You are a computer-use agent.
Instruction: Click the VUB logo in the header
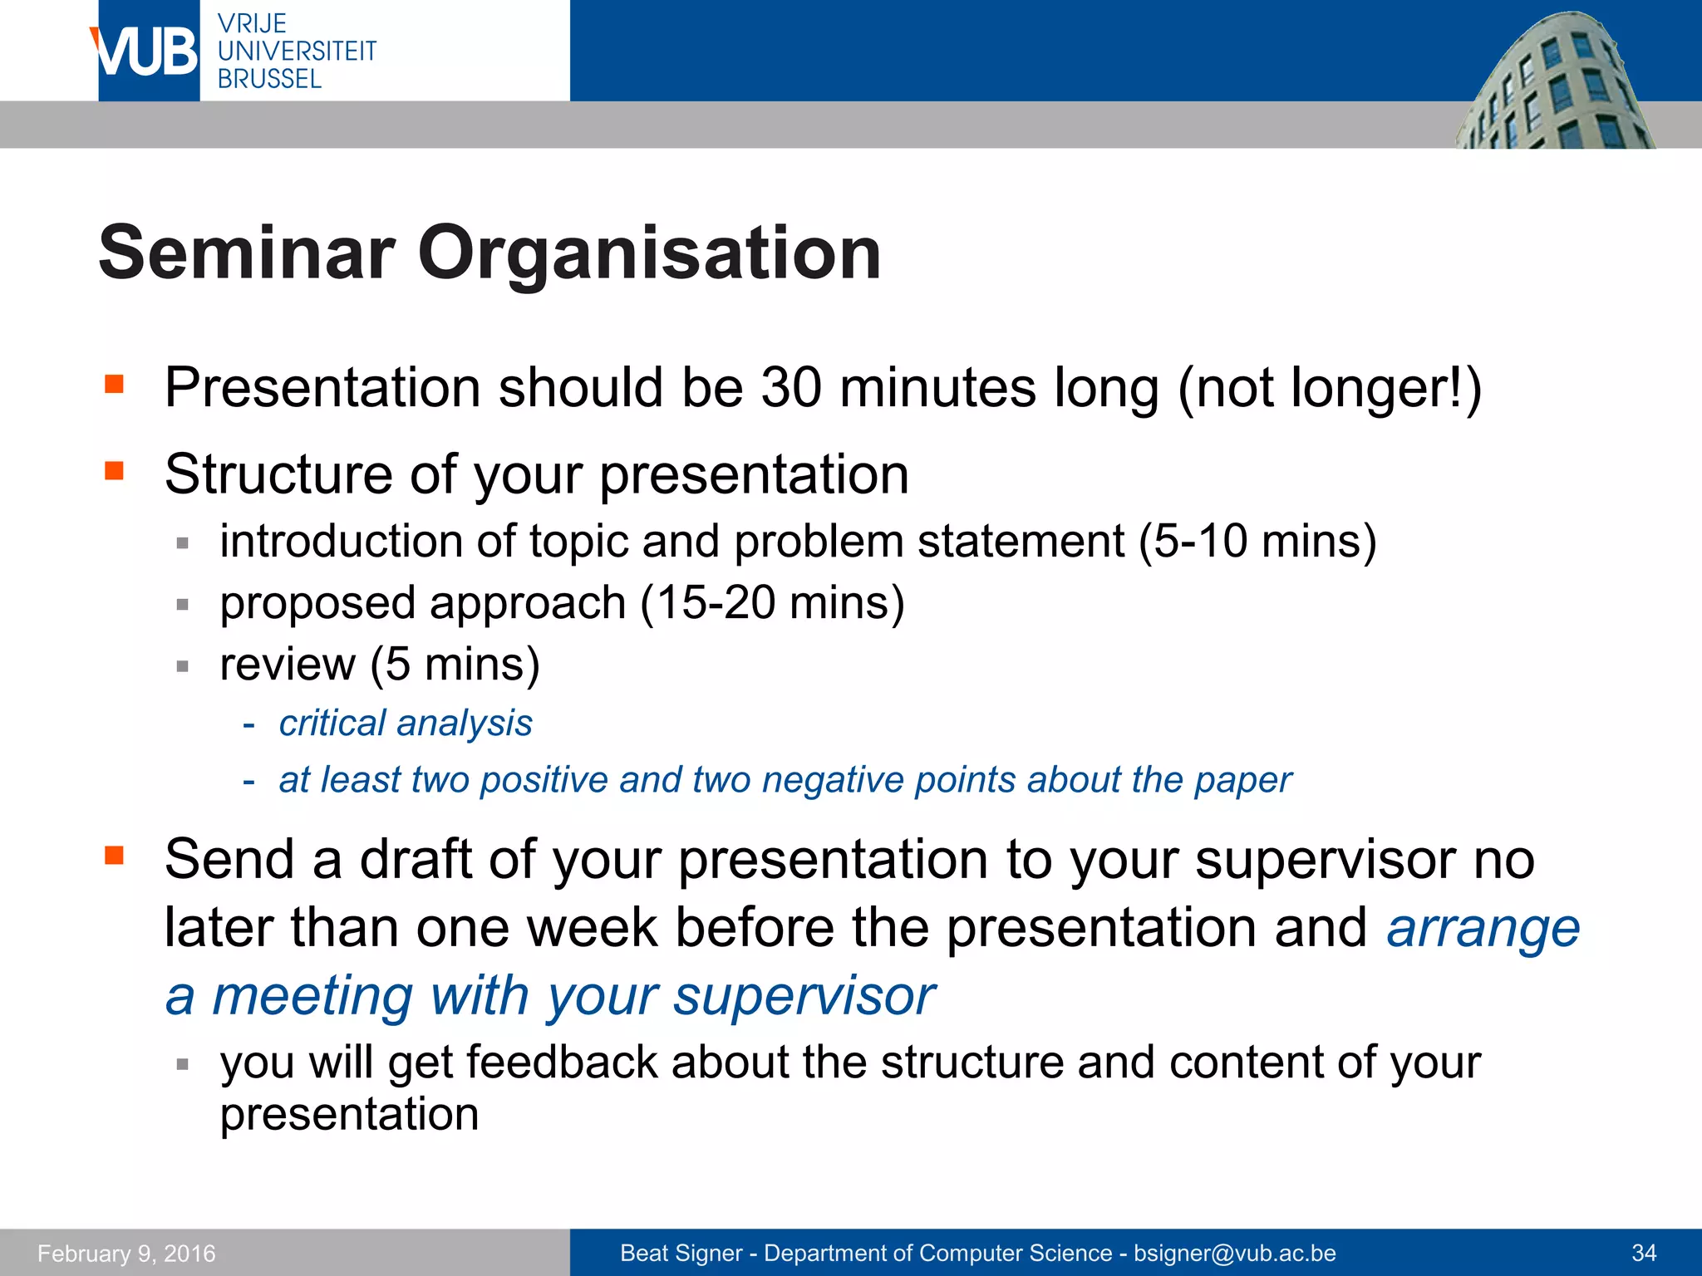pyautogui.click(x=146, y=52)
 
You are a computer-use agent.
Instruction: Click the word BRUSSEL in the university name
pyautogui.click(x=269, y=80)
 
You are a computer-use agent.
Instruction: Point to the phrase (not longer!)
pyautogui.click(x=1329, y=389)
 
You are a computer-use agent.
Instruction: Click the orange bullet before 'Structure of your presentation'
pyautogui.click(x=114, y=471)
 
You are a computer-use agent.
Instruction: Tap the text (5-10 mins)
pyautogui.click(x=1257, y=542)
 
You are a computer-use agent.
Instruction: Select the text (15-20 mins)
pyautogui.click(x=772, y=603)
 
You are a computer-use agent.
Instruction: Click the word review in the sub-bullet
pyautogui.click(x=288, y=665)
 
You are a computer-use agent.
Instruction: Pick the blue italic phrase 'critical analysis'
pyautogui.click(x=406, y=724)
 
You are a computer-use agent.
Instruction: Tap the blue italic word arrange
pyautogui.click(x=1483, y=928)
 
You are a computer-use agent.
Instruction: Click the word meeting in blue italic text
pyautogui.click(x=312, y=996)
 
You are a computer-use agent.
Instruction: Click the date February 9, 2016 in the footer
pyautogui.click(x=126, y=1253)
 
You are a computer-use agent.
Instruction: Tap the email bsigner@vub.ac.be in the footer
pyautogui.click(x=1235, y=1253)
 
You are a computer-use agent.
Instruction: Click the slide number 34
pyautogui.click(x=1644, y=1253)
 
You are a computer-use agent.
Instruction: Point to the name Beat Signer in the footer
pyautogui.click(x=681, y=1253)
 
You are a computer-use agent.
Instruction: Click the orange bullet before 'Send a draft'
pyautogui.click(x=114, y=855)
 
